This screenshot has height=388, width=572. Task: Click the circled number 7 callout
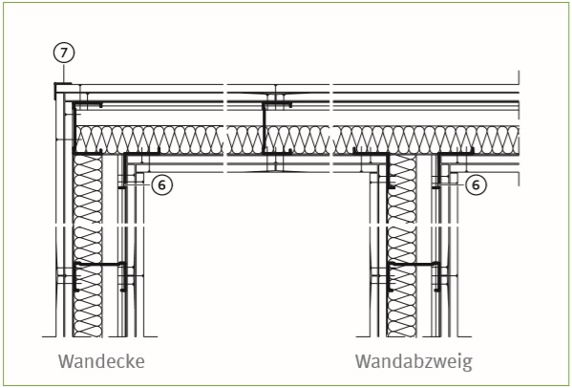coord(64,53)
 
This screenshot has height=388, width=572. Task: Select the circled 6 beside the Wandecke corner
coord(161,185)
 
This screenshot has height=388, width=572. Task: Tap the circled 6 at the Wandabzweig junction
coord(476,185)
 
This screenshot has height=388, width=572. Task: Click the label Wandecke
coord(101,361)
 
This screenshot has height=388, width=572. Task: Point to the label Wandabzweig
coord(413,361)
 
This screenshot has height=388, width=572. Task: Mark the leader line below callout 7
coord(64,74)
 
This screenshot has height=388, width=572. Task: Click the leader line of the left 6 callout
coord(138,185)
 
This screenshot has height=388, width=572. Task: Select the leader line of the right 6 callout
coord(452,185)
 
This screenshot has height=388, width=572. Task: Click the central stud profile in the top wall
coord(264,128)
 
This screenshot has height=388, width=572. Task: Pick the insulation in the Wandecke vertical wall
coord(88,245)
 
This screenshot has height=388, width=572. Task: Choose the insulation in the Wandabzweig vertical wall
coord(402,245)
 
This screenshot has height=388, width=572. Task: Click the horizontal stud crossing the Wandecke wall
coord(99,264)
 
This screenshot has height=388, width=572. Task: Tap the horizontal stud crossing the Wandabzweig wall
coord(413,264)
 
